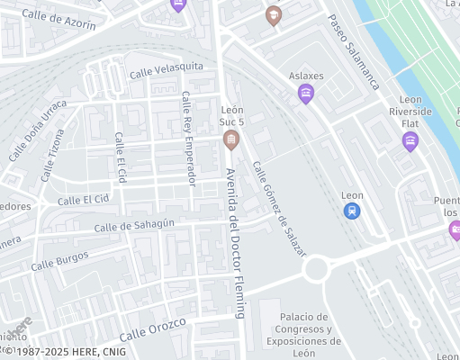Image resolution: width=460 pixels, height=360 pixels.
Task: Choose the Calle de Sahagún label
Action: pos(131,225)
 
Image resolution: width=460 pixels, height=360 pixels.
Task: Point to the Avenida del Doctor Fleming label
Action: pos(235,243)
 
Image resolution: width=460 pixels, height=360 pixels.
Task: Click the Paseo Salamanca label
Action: pos(354,50)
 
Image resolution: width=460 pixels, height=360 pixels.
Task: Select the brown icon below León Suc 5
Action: pos(231,139)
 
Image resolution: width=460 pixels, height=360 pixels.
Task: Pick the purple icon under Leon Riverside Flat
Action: pos(410,139)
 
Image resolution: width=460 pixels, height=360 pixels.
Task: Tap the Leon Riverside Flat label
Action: pos(410,112)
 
